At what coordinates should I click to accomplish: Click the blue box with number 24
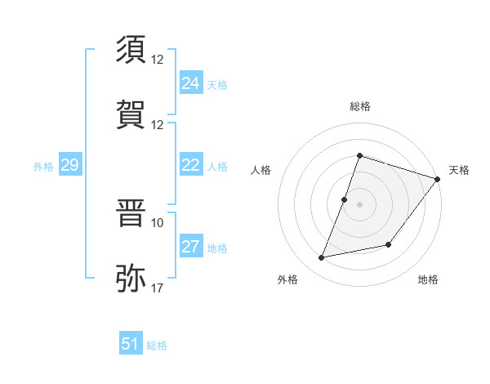pos(190,83)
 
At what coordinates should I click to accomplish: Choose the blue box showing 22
pos(190,166)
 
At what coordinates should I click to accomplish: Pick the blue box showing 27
pos(190,248)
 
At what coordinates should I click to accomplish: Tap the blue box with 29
pos(69,166)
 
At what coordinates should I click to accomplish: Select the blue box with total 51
pos(130,344)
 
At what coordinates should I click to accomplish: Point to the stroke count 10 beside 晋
pos(158,222)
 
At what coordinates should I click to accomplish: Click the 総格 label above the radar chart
pos(359,106)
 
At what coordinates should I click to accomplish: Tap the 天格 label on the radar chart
pos(460,170)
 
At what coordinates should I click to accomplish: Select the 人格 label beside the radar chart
pos(261,170)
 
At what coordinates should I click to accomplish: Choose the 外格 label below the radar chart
pos(287,280)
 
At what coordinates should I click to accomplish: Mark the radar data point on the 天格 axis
pos(438,179)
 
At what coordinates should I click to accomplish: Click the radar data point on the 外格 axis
pos(322,258)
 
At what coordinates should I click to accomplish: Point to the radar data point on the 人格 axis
pos(345,199)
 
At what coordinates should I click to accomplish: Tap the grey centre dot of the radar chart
pos(359,204)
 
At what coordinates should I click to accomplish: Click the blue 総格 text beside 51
pos(157,346)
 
